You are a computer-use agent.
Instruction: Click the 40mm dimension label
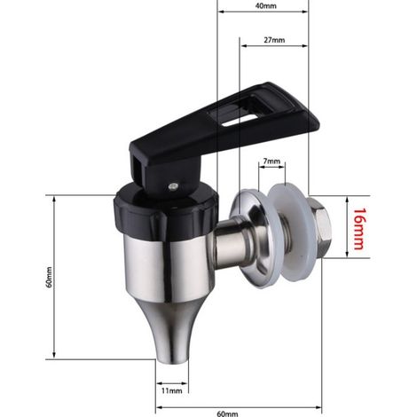[265, 5]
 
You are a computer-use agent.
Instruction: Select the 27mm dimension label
[274, 40]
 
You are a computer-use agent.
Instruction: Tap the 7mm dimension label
[271, 161]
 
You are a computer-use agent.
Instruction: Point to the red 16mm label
[359, 229]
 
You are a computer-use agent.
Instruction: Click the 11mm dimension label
[172, 390]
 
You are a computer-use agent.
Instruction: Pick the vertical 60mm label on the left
[49, 277]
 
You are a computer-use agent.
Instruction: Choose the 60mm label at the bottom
[227, 413]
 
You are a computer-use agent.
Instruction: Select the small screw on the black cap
[173, 186]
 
